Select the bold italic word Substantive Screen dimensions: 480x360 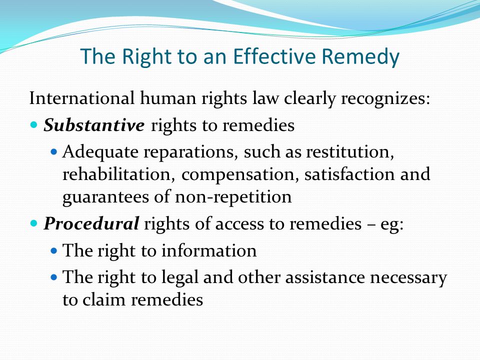pos(94,125)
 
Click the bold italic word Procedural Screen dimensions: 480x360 pos(91,223)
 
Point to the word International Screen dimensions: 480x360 pos(81,98)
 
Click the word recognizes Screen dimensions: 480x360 pos(385,99)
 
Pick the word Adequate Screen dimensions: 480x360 pos(100,152)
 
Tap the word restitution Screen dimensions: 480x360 pos(350,152)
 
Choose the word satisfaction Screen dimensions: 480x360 pos(349,174)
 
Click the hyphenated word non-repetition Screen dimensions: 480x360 pos(233,197)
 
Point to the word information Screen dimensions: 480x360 pos(209,250)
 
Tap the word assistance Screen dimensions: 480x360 pos(325,277)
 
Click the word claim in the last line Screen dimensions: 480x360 pos(104,299)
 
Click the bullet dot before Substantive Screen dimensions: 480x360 pos(34,124)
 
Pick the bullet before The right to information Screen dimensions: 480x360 pos(54,251)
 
